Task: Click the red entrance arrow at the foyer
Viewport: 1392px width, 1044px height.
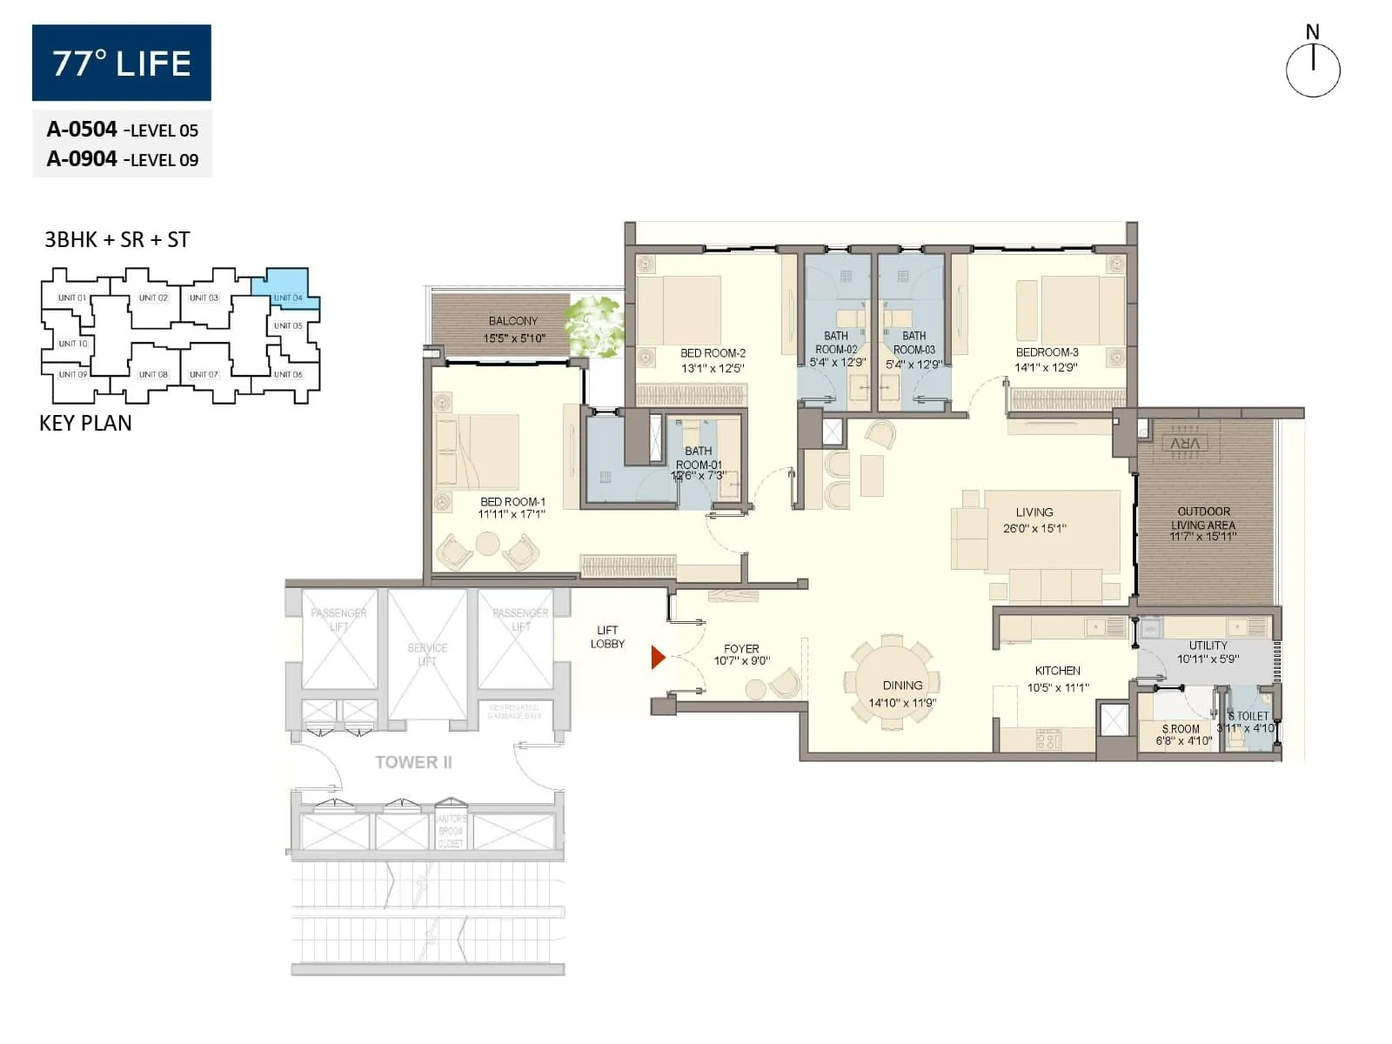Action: click(x=658, y=658)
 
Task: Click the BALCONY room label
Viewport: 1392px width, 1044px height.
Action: click(x=512, y=321)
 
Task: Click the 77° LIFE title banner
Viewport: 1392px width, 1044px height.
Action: click(x=122, y=63)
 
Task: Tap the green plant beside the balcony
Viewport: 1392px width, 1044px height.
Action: click(x=595, y=324)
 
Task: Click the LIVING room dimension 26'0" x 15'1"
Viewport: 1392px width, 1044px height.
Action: click(x=1034, y=528)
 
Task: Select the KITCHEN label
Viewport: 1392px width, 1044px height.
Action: click(x=1057, y=671)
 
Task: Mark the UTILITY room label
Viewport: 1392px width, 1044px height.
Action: click(x=1208, y=646)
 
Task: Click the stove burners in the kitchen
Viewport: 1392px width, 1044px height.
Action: click(x=1047, y=739)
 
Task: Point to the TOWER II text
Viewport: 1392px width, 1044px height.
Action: click(x=413, y=762)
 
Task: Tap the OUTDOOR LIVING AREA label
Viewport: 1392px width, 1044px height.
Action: click(x=1203, y=518)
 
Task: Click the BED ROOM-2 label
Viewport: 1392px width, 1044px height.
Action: click(x=713, y=353)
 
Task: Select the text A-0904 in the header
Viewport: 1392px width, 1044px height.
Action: click(x=82, y=158)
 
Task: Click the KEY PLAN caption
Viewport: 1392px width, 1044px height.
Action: click(x=85, y=423)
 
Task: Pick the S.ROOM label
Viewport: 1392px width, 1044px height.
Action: click(x=1181, y=729)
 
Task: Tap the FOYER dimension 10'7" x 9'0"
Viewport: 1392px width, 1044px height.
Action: click(x=741, y=661)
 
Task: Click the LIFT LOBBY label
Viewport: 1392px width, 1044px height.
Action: click(x=607, y=637)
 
